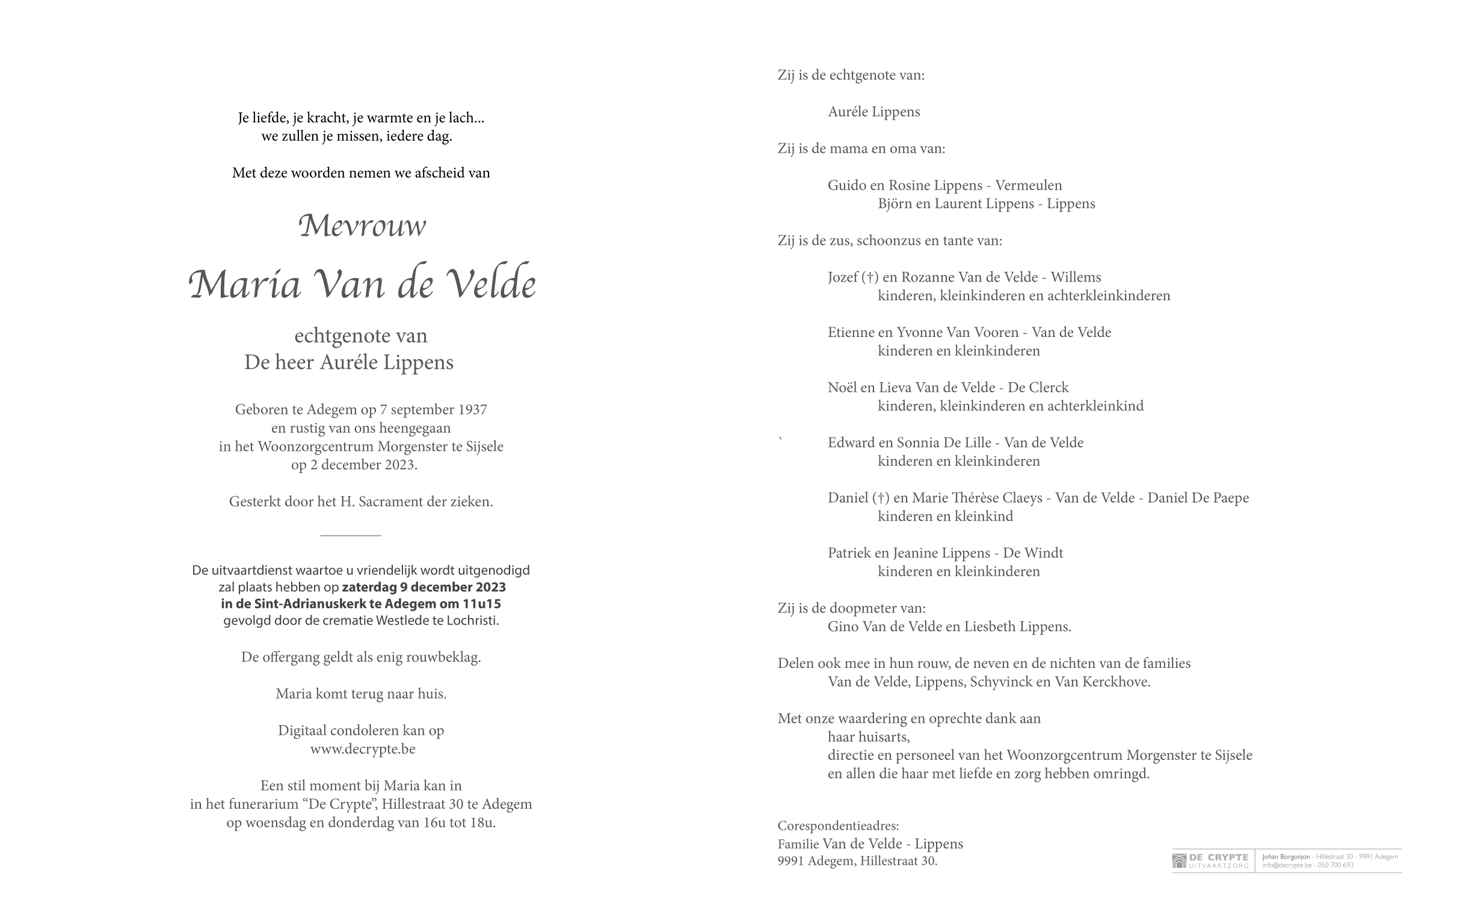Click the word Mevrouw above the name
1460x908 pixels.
[362, 226]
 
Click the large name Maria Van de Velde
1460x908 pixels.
[362, 283]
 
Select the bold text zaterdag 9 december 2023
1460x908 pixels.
[424, 587]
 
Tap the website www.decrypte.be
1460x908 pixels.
[362, 749]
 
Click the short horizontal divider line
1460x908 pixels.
[351, 535]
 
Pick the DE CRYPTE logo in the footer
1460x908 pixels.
[1210, 860]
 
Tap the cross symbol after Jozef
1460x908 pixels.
[870, 277]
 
